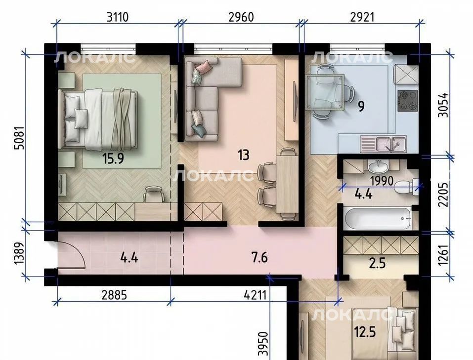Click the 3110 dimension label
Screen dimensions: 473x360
point(118,17)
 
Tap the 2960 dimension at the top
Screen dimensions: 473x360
point(241,17)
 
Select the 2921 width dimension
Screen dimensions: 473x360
point(362,17)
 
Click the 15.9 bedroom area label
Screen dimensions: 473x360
point(113,159)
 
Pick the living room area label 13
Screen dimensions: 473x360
point(244,155)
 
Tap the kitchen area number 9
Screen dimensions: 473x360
point(361,106)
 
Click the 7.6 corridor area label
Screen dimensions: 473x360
point(259,258)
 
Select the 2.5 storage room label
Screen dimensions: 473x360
point(378,263)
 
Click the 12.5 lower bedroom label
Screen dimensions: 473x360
point(365,332)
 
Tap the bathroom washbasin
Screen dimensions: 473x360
point(378,166)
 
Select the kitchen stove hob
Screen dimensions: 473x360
point(408,101)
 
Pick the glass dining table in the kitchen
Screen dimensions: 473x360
point(325,92)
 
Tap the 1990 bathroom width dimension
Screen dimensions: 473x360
point(382,181)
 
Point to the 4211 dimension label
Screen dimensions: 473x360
point(255,295)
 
